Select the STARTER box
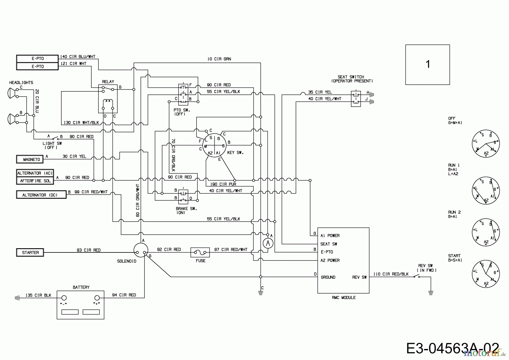30,252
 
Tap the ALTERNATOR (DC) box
41,195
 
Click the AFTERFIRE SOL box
35,181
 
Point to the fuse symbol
200,252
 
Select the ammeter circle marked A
268,243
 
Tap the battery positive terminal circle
97,298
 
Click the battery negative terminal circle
64,298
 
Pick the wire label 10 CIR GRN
219,59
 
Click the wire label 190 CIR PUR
223,184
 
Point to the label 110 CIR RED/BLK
391,274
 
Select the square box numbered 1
427,65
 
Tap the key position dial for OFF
486,144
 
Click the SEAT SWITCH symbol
355,98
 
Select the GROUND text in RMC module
328,277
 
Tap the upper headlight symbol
12,93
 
